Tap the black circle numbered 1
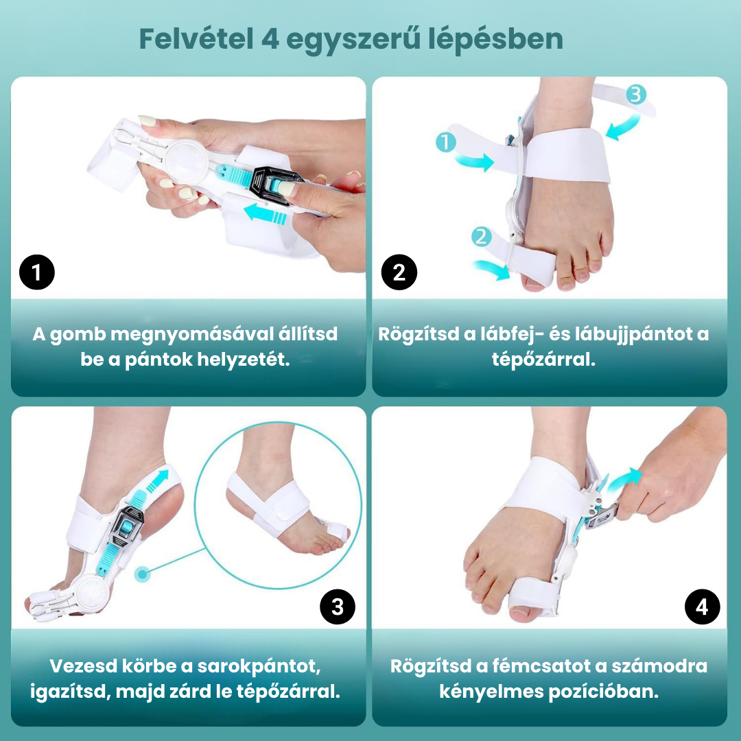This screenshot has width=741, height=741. tap(37, 272)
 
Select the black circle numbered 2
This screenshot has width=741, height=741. tap(399, 272)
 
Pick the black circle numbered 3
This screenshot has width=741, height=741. tap(338, 607)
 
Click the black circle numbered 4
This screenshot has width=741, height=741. tap(703, 607)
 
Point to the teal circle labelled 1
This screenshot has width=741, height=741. tap(446, 142)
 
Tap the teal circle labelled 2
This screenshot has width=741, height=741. tap(481, 236)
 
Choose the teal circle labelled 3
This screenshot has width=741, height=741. tap(636, 94)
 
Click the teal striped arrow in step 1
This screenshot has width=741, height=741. tap(265, 213)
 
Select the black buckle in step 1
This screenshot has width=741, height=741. tap(276, 185)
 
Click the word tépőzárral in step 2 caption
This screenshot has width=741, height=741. tap(543, 360)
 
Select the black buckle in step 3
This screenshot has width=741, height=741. tap(126, 526)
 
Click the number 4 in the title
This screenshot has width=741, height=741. tap(270, 39)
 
